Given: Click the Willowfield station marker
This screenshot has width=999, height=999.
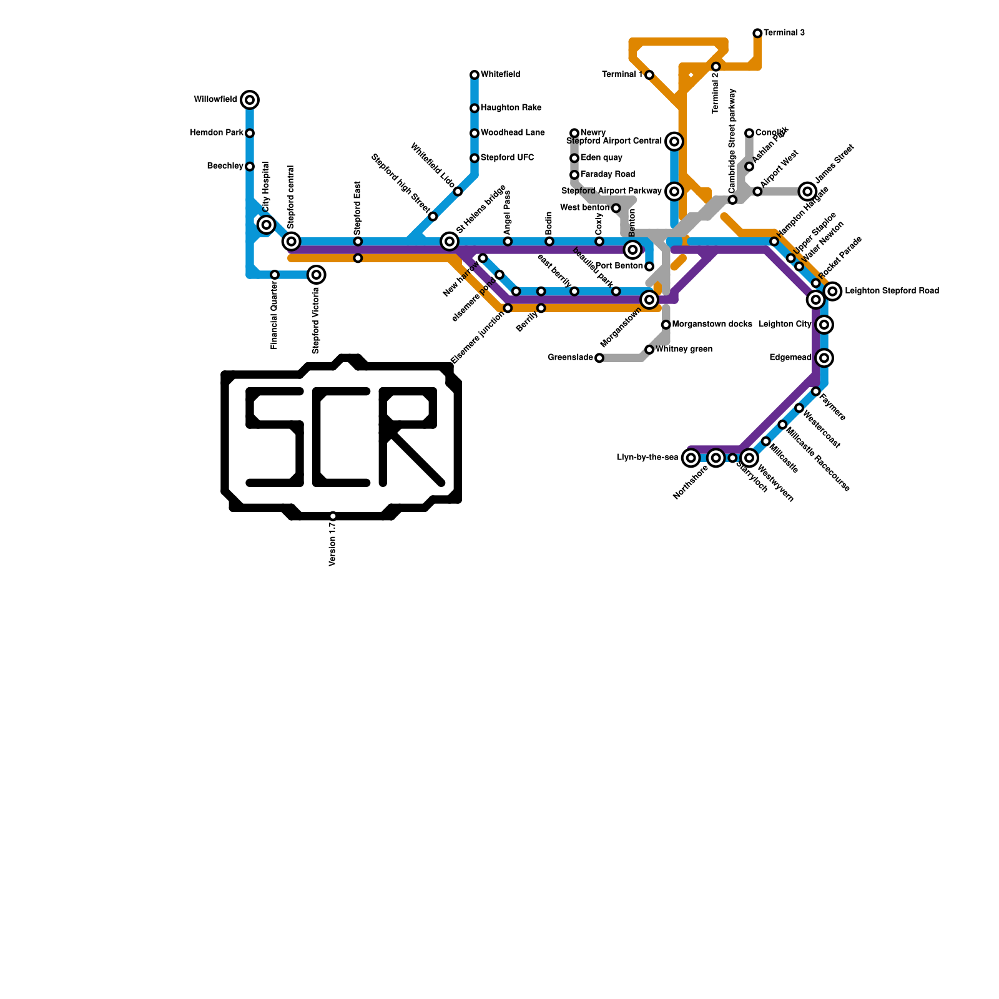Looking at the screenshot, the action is (250, 100).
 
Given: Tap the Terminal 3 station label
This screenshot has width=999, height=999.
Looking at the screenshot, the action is (784, 33).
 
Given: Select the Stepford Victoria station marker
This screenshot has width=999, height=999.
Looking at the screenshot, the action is (317, 275).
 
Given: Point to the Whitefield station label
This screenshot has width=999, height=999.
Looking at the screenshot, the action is (500, 75).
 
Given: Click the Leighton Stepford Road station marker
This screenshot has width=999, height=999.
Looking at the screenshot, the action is (832, 291).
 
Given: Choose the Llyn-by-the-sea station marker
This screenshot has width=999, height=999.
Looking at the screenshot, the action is (691, 458).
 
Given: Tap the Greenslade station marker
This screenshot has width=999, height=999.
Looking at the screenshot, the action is (599, 358).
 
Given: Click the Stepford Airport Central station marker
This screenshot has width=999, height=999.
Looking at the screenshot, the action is (674, 142).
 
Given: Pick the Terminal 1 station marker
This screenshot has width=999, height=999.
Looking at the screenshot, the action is (649, 76).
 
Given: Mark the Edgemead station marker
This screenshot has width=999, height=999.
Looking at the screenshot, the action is (825, 358).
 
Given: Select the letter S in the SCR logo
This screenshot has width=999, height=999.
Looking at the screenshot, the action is (275, 437).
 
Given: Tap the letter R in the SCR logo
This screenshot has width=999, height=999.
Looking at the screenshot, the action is (409, 437).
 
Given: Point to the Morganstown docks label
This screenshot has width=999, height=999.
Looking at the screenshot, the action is (712, 325).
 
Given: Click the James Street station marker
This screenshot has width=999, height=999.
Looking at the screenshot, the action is (807, 191).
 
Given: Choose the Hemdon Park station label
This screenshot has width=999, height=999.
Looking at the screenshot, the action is (217, 133).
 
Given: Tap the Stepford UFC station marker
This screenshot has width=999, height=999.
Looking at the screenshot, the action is (475, 159).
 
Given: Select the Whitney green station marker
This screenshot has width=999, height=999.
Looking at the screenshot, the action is (649, 350).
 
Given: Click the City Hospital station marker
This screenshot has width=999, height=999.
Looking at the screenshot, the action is (267, 225).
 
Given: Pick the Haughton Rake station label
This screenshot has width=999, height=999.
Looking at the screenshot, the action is (511, 108).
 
